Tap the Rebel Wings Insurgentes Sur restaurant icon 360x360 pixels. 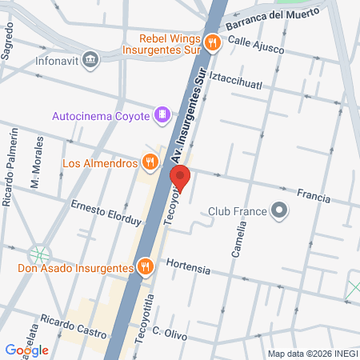point(212,43)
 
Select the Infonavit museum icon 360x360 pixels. point(90,59)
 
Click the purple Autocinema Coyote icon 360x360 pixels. point(163,115)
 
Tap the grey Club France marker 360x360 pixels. point(279,211)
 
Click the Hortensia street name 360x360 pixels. point(189,267)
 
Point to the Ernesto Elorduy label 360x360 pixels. point(106,214)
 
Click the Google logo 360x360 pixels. point(26,350)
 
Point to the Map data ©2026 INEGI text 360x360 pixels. point(312,354)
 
